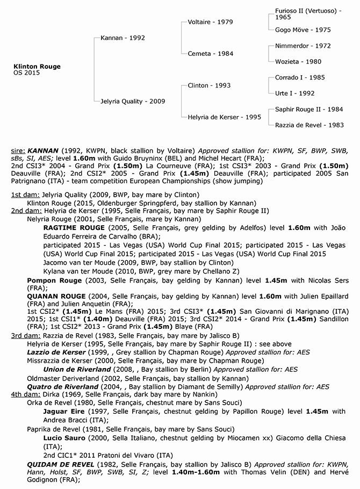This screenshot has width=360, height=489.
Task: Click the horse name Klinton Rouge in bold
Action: tap(37, 67)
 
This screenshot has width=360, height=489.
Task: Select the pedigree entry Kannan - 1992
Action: tap(123, 38)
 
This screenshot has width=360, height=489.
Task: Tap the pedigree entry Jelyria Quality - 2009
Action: tap(133, 101)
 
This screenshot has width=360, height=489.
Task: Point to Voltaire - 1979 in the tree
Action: tap(211, 22)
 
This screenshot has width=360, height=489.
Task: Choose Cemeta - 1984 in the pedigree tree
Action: tap(210, 54)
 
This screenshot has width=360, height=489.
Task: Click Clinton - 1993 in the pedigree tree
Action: tap(210, 85)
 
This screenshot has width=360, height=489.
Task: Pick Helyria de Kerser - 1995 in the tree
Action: tap(225, 117)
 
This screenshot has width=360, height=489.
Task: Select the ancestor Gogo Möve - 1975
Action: tap(303, 30)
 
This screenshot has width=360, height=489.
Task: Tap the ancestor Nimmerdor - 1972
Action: tap(303, 46)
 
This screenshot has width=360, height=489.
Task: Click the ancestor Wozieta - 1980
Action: tap(298, 62)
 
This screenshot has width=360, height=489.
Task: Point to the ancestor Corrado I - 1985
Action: tap(300, 77)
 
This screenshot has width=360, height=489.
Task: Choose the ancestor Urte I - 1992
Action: tap(295, 93)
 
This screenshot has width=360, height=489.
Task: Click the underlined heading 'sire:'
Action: tap(18, 151)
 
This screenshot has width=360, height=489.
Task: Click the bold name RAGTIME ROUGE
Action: tap(74, 228)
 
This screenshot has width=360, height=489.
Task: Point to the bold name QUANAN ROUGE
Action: tap(56, 296)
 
